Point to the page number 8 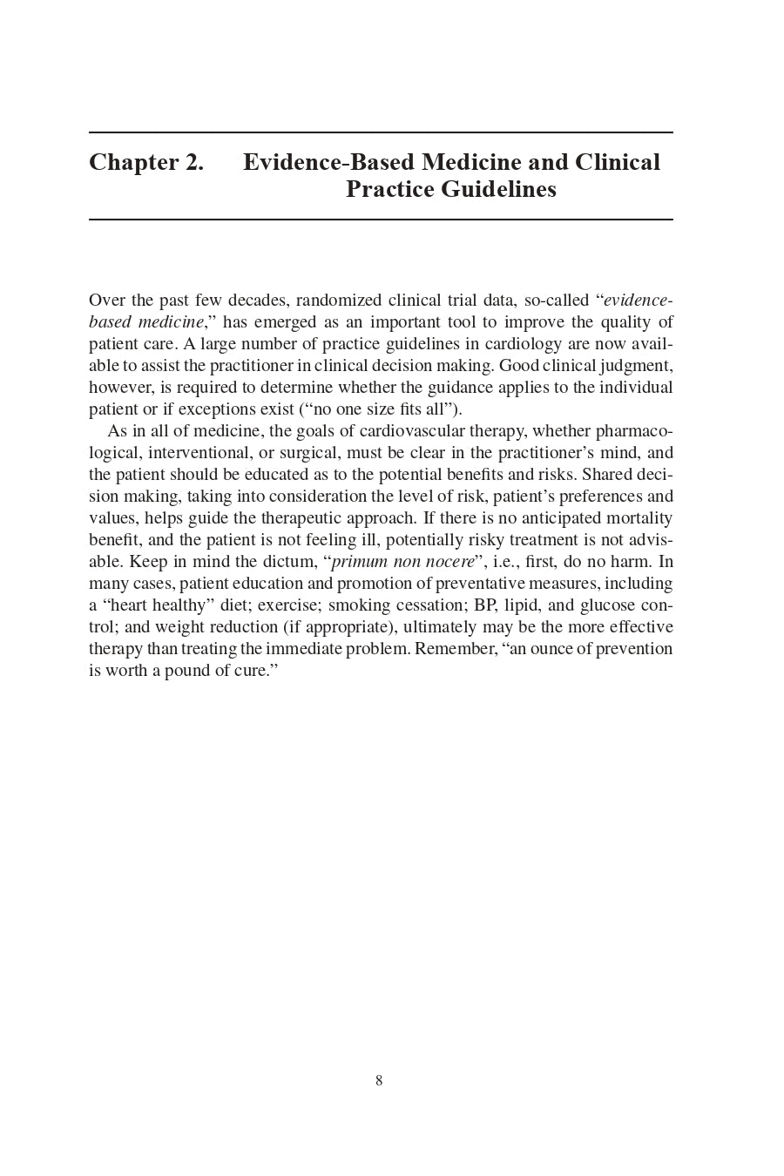(x=379, y=1081)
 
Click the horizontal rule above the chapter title (x=381, y=132)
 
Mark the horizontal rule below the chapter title (x=381, y=220)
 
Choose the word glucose (x=607, y=605)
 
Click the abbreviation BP (x=484, y=605)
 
